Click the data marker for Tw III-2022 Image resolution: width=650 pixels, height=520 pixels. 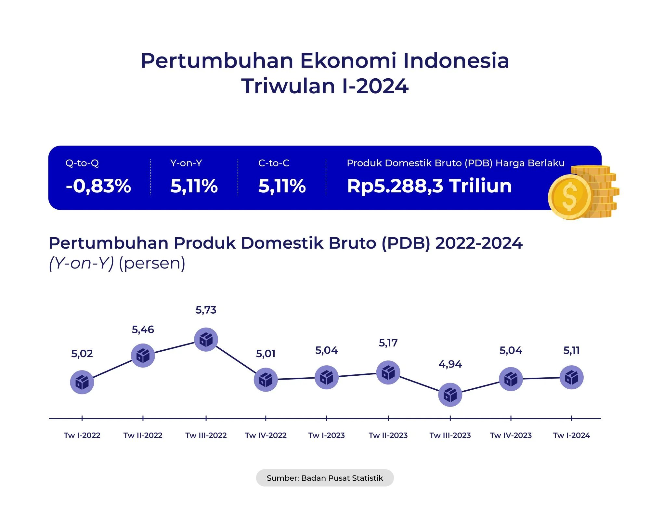click(x=206, y=340)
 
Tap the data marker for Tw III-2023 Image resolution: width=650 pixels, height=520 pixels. click(x=450, y=395)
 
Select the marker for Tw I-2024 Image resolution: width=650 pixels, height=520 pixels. click(x=571, y=377)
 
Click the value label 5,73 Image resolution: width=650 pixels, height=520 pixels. click(x=206, y=310)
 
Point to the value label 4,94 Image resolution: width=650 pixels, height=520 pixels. click(x=450, y=364)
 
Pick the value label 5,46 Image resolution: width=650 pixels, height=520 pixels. click(x=143, y=330)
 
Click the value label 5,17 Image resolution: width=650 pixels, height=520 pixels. click(x=388, y=343)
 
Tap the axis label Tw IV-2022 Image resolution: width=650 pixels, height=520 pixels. click(x=266, y=435)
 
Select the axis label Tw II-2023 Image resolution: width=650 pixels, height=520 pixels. click(x=388, y=435)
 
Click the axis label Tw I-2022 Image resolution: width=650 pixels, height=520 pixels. click(x=82, y=435)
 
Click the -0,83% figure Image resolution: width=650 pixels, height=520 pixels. click(x=98, y=186)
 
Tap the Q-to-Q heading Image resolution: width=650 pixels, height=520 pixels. click(x=82, y=163)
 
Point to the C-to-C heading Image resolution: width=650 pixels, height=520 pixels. click(x=274, y=163)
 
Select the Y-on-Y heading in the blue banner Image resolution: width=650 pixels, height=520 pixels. click(x=186, y=163)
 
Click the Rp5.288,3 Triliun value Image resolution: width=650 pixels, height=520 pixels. click(x=429, y=186)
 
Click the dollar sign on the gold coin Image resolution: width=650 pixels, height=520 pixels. click(x=569, y=197)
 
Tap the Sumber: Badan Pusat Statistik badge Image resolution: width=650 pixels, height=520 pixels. click(x=325, y=478)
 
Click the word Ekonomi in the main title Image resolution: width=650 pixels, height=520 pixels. click(x=348, y=61)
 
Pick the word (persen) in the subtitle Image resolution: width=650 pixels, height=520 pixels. click(x=152, y=263)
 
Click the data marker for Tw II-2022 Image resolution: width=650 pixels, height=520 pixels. click(x=143, y=356)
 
